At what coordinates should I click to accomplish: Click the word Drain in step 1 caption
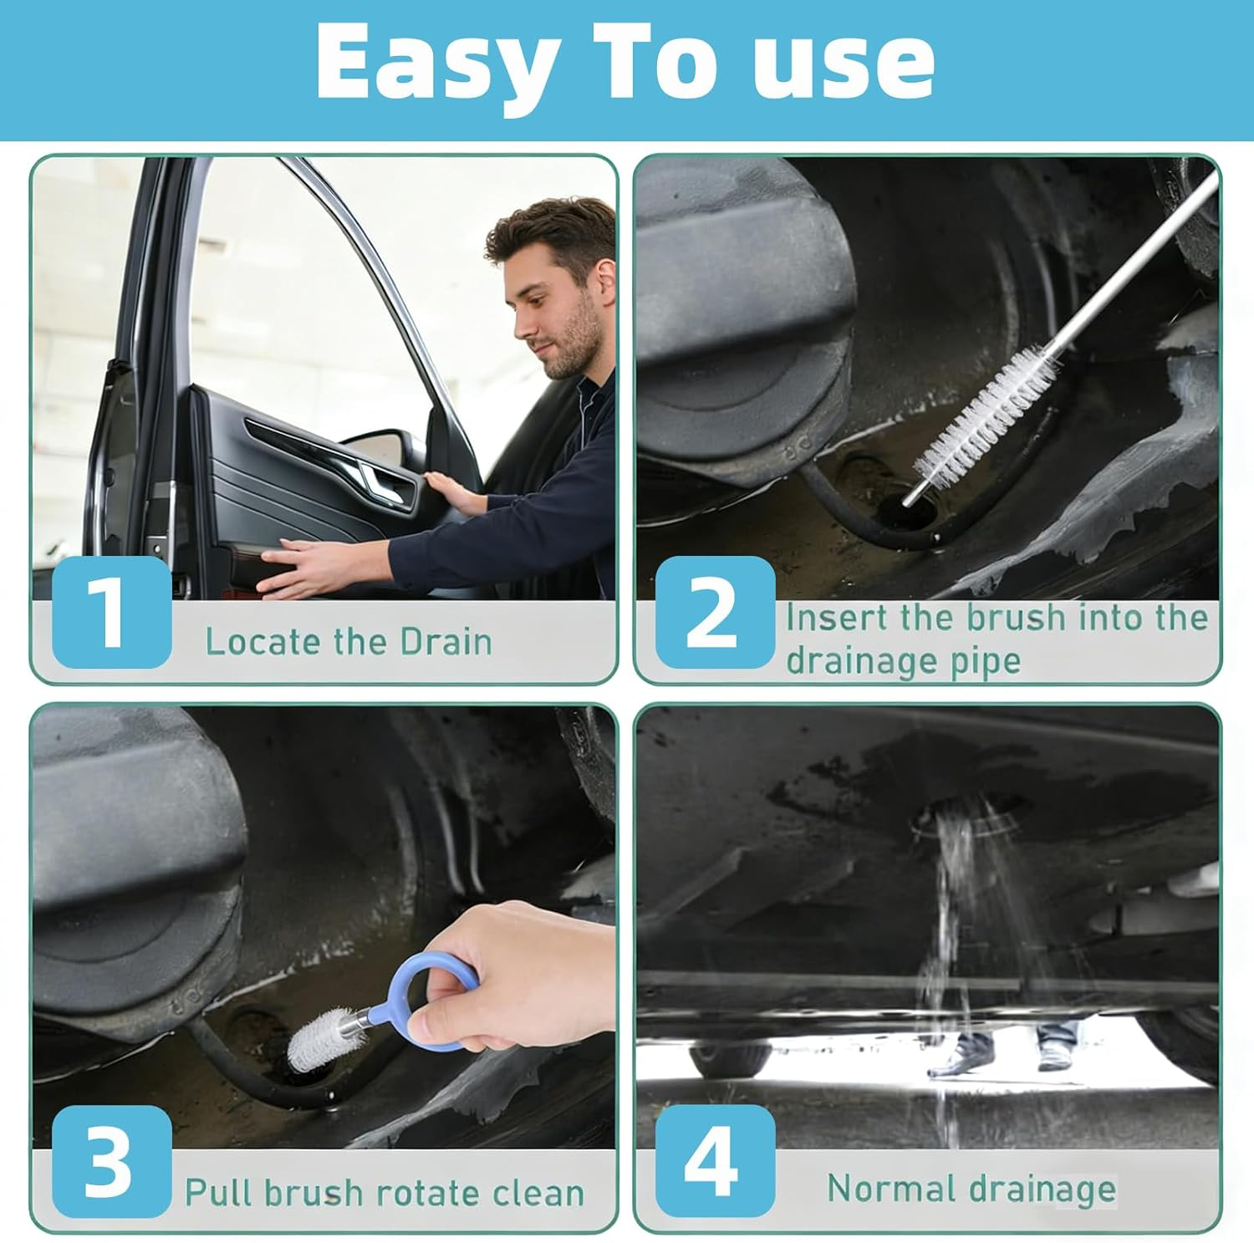point(446,642)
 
